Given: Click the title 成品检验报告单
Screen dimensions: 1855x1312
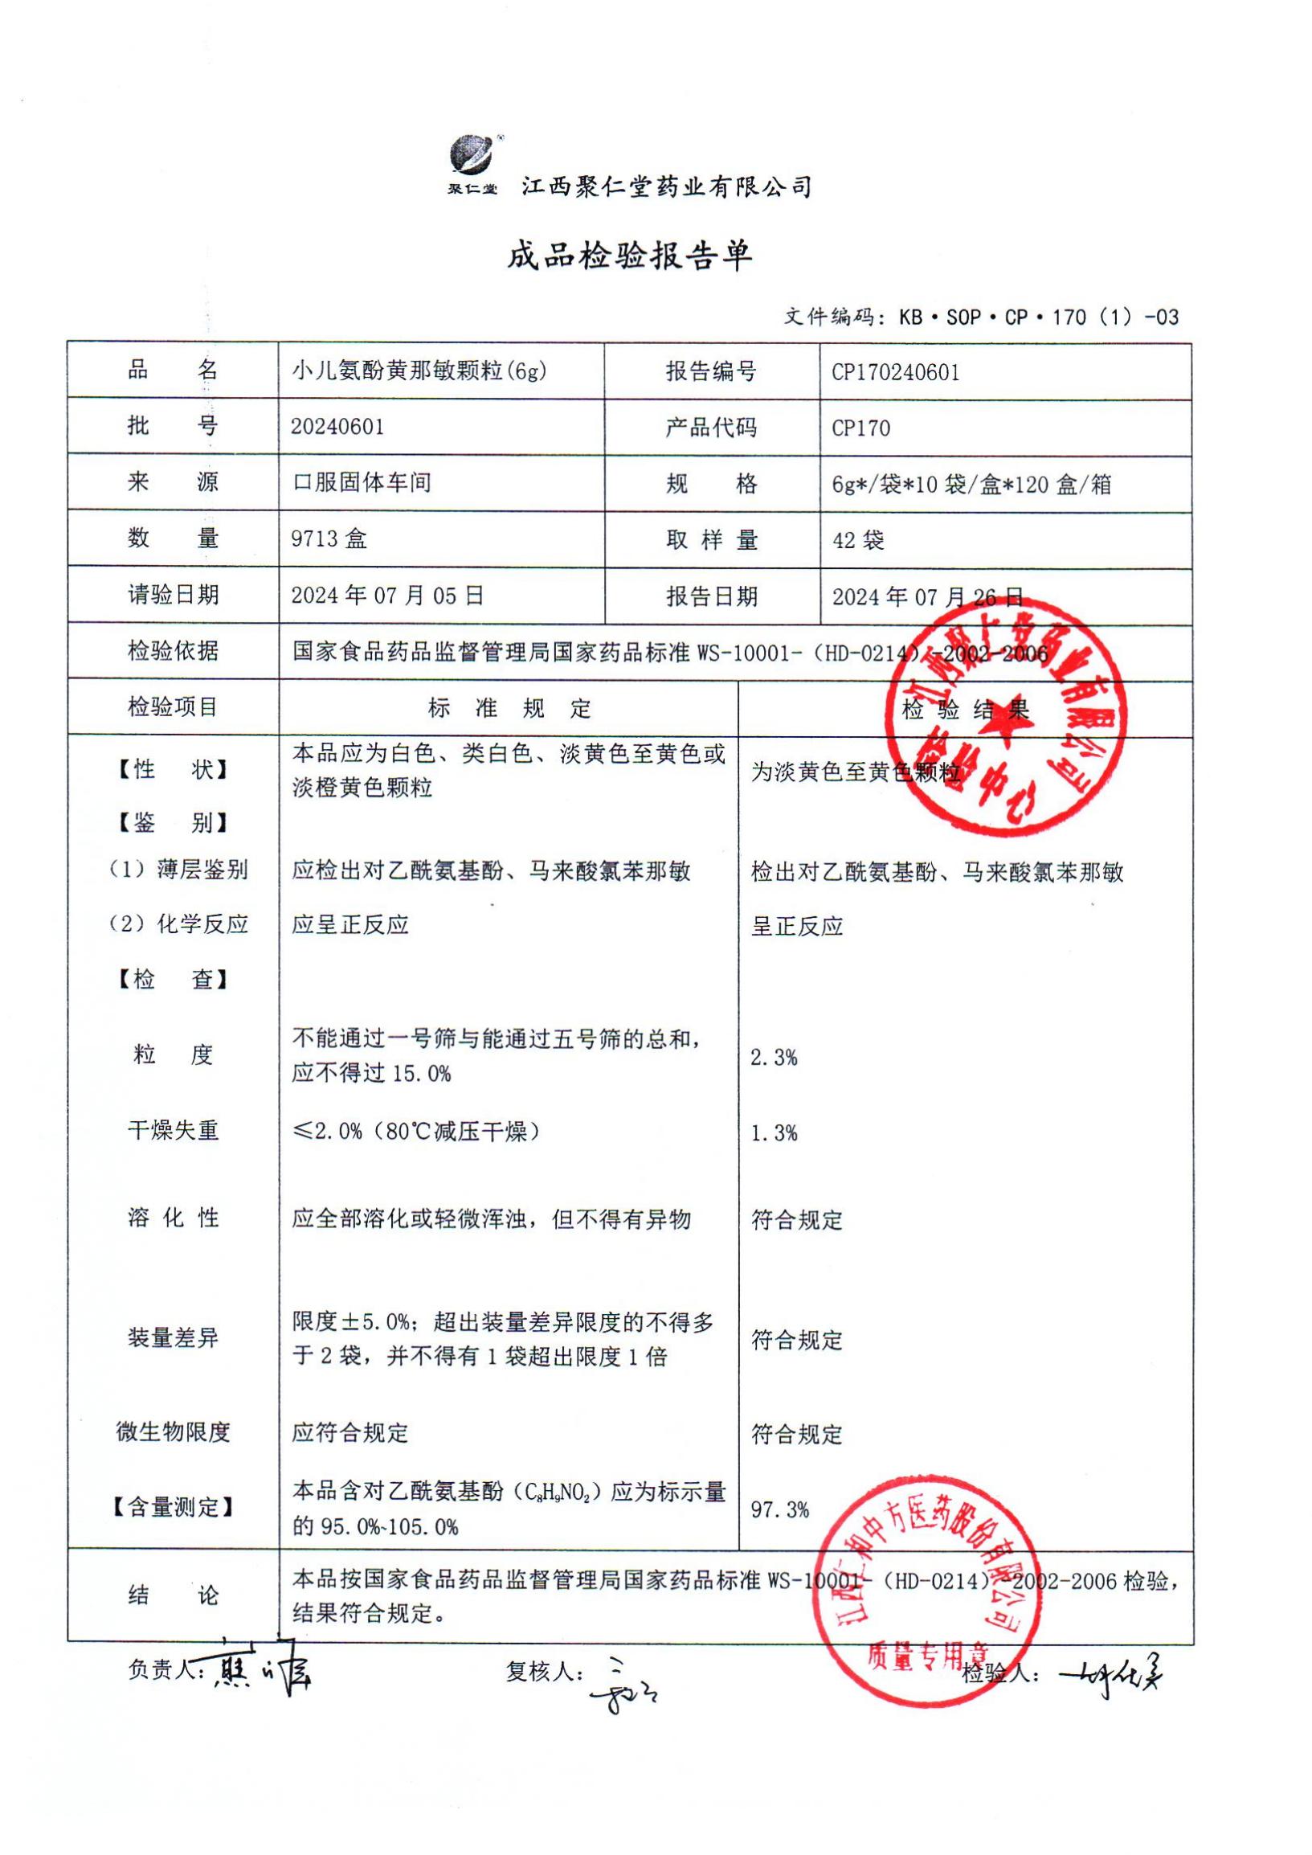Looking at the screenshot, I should (x=629, y=256).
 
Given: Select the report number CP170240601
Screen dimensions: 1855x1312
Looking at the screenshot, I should (x=895, y=372).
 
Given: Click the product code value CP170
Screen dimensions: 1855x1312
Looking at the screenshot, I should (x=860, y=428).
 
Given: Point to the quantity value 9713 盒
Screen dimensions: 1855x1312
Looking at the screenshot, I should (x=329, y=538).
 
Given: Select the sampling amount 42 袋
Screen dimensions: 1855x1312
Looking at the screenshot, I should (x=858, y=540).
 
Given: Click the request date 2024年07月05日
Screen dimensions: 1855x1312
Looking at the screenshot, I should (x=387, y=596).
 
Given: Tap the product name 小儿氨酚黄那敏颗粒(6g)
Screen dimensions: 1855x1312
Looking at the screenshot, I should (x=419, y=371).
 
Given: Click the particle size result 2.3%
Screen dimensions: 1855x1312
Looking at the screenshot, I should (x=773, y=1057).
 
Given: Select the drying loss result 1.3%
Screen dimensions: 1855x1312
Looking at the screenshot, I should (x=773, y=1133).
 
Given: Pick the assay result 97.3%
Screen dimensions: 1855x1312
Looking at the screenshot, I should (x=779, y=1510).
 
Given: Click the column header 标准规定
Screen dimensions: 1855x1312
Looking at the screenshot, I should (x=509, y=709).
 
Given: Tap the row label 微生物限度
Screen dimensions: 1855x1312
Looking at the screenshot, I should (x=173, y=1432).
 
